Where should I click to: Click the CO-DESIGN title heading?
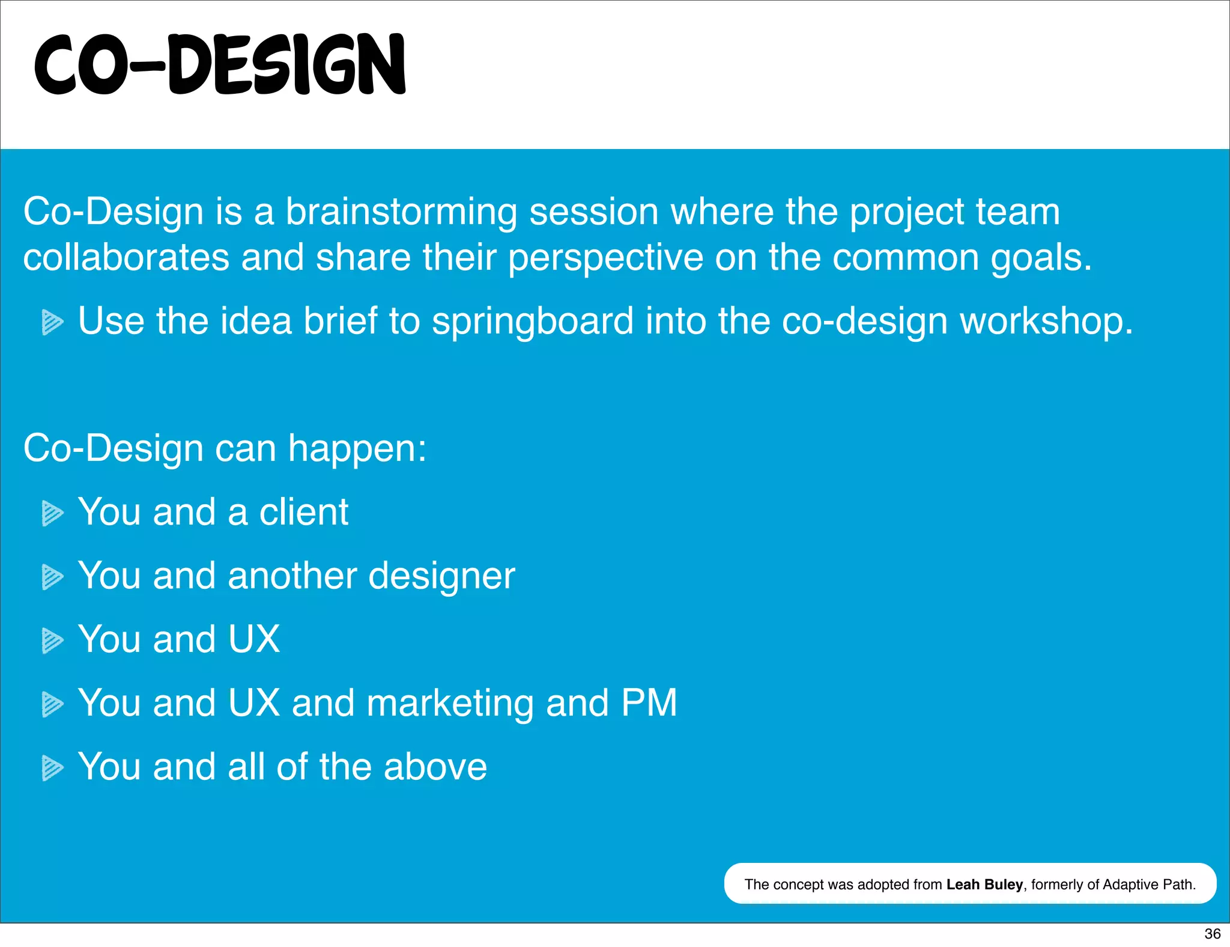(220, 65)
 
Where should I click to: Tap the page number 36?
(1212, 934)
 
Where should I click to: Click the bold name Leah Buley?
(984, 885)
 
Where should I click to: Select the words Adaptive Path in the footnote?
(1148, 885)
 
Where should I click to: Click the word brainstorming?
(401, 213)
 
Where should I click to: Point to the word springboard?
(533, 322)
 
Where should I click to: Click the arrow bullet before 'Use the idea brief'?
(52, 322)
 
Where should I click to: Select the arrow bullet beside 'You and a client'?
(52, 513)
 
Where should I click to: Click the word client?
(303, 512)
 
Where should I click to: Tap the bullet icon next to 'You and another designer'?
(52, 577)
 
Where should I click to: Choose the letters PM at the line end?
(649, 702)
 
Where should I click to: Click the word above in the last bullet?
(435, 767)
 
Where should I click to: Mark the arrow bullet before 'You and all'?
(52, 768)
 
